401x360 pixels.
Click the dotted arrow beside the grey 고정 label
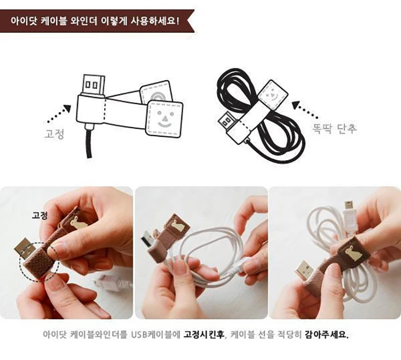click(59, 114)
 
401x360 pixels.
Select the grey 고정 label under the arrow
click(54, 134)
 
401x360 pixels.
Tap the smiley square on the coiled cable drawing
click(273, 95)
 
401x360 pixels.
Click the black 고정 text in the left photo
click(39, 215)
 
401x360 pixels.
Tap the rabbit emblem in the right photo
click(351, 252)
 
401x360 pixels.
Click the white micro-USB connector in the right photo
click(349, 217)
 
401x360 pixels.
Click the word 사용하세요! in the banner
click(155, 21)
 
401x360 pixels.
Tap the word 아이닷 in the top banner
click(24, 21)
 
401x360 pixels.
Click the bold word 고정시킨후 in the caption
click(204, 335)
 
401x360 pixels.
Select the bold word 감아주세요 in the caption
click(326, 335)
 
